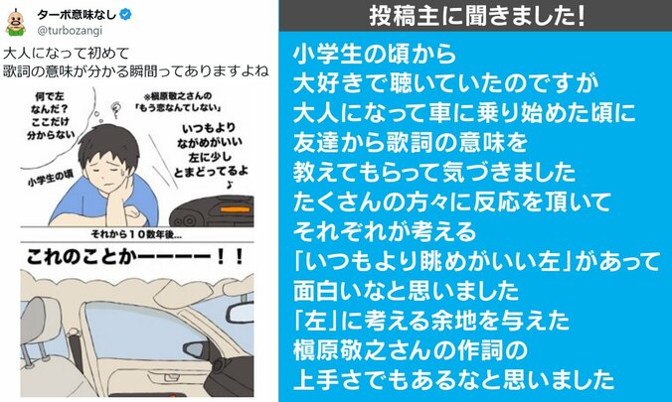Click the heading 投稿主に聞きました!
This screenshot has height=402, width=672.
pos(475,16)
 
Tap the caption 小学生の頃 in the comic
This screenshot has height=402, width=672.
pos(40,182)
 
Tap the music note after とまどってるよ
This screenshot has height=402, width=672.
pos(230,181)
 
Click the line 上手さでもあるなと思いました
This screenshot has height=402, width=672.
pos(451,378)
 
